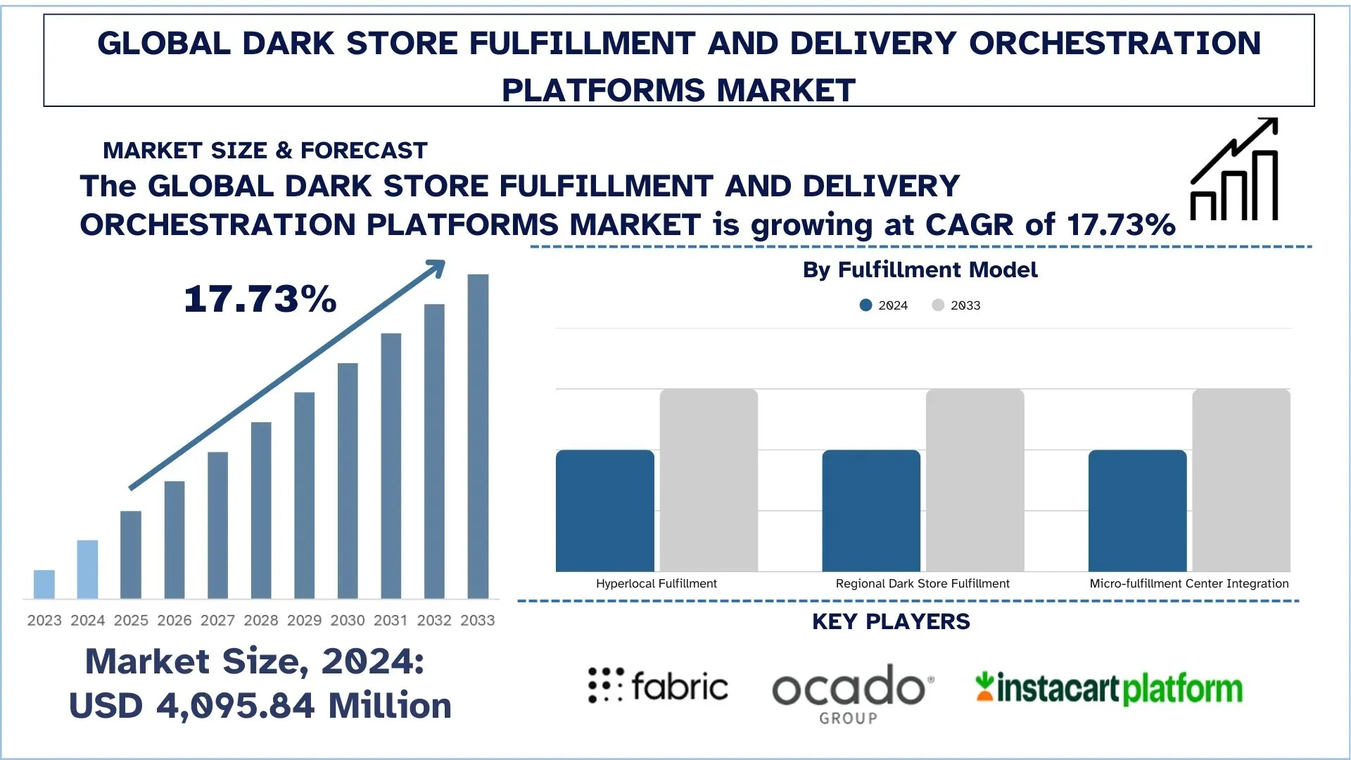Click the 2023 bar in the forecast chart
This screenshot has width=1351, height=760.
(x=44, y=584)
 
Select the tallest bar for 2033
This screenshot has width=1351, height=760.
(x=478, y=436)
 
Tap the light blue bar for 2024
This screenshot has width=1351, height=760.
(x=87, y=569)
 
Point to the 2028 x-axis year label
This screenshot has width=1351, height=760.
(x=261, y=621)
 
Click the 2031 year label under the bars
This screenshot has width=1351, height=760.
(x=391, y=621)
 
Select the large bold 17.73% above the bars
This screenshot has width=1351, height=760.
(x=260, y=299)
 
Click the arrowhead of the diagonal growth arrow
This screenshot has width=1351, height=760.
(x=438, y=267)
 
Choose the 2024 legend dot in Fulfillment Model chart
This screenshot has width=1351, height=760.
(x=865, y=305)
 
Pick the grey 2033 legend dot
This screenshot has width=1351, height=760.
(x=938, y=305)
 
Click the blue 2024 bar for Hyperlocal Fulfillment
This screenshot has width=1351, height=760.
(x=605, y=511)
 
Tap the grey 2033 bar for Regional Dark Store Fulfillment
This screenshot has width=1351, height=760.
(x=975, y=480)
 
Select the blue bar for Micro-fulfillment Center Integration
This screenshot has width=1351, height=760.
(x=1137, y=511)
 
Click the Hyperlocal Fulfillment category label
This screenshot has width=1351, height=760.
(x=656, y=583)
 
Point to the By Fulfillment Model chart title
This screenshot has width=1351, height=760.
(x=920, y=270)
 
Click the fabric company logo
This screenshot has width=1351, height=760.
(x=659, y=686)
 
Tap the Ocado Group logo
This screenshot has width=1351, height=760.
(x=851, y=693)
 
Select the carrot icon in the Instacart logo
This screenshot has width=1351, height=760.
(x=984, y=687)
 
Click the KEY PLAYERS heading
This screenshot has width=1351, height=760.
(x=891, y=622)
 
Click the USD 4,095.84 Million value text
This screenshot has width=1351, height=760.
(x=260, y=706)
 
